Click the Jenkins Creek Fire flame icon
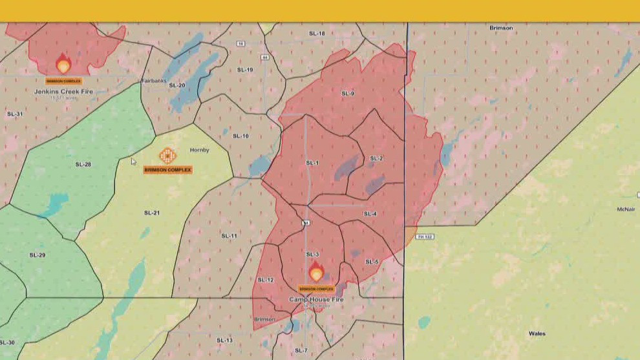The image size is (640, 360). tap(63, 64)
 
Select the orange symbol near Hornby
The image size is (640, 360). tap(167, 156)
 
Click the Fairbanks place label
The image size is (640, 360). tap(155, 81)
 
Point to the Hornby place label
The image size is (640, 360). tap(199, 150)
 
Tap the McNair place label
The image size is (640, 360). tap(625, 209)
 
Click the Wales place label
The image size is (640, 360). tap(537, 334)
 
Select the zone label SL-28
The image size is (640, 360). tap(83, 164)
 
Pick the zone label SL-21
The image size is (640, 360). tap(151, 213)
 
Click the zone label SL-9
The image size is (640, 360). tap(348, 94)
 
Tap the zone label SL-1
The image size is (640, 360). tap(312, 163)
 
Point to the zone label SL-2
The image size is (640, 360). tap(376, 158)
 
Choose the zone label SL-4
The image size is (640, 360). tap(370, 214)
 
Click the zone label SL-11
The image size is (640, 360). tap(229, 236)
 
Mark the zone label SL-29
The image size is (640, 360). tap(37, 255)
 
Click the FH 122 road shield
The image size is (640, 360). tap(425, 237)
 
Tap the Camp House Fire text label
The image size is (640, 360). tap(316, 299)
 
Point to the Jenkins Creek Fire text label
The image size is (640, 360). tap(63, 92)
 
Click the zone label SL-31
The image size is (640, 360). tap(15, 114)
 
